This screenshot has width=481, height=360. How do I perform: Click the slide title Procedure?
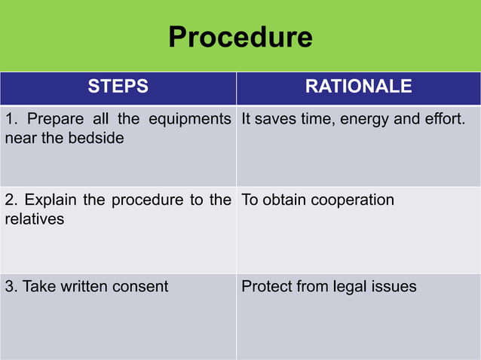(x=240, y=36)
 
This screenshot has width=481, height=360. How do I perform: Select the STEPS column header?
(x=118, y=87)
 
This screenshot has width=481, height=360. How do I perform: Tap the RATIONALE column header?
(x=358, y=87)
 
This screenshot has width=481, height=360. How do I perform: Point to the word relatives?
(x=34, y=219)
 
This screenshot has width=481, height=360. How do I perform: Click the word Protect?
(x=265, y=286)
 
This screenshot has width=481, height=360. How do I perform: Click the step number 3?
(x=10, y=286)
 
